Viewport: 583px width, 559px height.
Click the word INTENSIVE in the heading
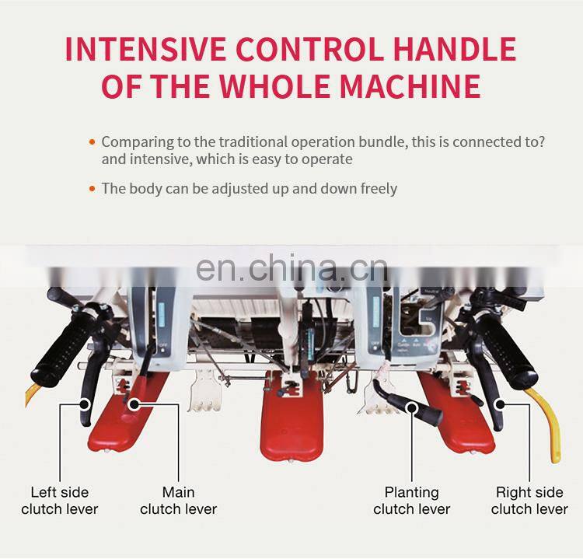pyautogui.click(x=145, y=49)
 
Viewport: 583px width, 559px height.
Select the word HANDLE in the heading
pyautogui.click(x=455, y=49)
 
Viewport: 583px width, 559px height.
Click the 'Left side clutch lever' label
pyautogui.click(x=60, y=501)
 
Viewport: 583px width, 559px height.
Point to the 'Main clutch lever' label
pyautogui.click(x=179, y=501)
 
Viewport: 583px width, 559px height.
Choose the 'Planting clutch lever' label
pyautogui.click(x=411, y=501)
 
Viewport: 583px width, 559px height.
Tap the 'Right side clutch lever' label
pyautogui.click(x=529, y=501)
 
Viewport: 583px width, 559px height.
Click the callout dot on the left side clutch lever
pyautogui.click(x=86, y=404)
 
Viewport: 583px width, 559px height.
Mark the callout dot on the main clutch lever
pyautogui.click(x=134, y=404)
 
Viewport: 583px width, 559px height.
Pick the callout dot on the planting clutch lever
pyautogui.click(x=411, y=408)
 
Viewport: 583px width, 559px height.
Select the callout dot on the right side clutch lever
pyautogui.click(x=500, y=404)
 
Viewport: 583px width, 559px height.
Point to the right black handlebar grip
pyautogui.click(x=506, y=348)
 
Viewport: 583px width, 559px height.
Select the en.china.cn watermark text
pyautogui.click(x=291, y=267)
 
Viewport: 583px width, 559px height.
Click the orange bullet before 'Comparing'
pyautogui.click(x=93, y=141)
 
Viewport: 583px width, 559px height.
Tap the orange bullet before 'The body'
pyautogui.click(x=93, y=189)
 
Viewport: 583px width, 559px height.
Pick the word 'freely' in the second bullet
pyautogui.click(x=379, y=189)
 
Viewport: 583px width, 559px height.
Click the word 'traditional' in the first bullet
pyautogui.click(x=253, y=141)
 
